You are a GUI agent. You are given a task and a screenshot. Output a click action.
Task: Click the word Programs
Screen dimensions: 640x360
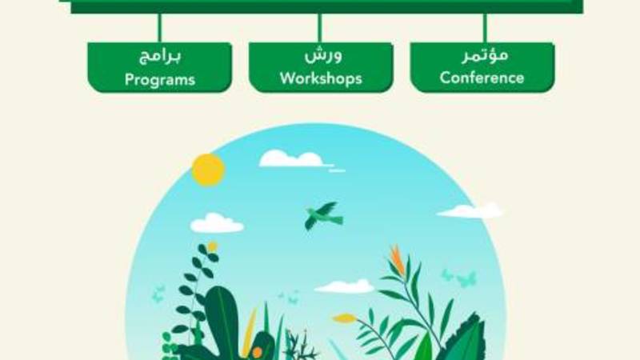(x=159, y=79)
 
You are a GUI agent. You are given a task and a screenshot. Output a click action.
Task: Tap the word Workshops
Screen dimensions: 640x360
(x=321, y=78)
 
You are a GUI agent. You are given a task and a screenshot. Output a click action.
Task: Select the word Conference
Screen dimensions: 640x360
(x=482, y=78)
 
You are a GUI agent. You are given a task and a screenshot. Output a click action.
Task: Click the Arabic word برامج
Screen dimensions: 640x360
(x=159, y=56)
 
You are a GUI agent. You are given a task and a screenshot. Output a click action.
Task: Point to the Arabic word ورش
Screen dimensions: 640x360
(x=323, y=55)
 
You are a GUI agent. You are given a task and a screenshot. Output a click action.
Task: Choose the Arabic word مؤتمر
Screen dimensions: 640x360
(x=485, y=55)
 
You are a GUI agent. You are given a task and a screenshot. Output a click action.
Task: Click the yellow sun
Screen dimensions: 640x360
(x=208, y=170)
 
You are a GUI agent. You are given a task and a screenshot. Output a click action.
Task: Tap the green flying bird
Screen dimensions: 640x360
(x=323, y=215)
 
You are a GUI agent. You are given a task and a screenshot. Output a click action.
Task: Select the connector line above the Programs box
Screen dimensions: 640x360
(x=159, y=28)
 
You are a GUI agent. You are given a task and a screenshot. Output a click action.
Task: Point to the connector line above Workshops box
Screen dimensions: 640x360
(x=320, y=28)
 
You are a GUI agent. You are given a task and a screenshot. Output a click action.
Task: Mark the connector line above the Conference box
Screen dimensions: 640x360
(x=485, y=28)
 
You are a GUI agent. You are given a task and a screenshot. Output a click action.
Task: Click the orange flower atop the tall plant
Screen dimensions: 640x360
(x=397, y=260)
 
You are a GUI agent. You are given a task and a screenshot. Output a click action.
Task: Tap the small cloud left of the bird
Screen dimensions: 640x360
(x=217, y=223)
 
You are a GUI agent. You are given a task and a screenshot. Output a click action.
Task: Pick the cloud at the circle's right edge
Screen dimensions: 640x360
(x=470, y=210)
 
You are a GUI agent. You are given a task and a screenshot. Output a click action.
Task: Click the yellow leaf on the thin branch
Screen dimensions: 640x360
(x=344, y=318)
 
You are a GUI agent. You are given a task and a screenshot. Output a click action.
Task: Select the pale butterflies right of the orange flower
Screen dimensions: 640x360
(x=459, y=278)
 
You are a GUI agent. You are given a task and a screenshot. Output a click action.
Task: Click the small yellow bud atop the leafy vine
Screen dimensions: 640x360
(x=212, y=246)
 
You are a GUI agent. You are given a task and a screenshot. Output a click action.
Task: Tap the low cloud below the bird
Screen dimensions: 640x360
(x=344, y=286)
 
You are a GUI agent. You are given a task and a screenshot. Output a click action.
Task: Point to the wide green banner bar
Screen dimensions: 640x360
(x=326, y=6)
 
